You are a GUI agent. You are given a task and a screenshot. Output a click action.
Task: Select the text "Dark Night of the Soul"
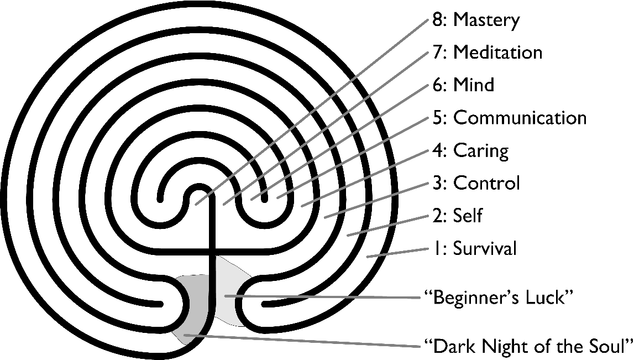[528, 347]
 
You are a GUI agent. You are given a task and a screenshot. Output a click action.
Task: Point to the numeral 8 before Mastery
[437, 20]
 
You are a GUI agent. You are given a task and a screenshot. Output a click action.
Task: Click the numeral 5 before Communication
[437, 118]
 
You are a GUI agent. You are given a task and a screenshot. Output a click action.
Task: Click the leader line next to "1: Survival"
[398, 252]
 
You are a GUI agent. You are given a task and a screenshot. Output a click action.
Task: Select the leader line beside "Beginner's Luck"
[326, 297]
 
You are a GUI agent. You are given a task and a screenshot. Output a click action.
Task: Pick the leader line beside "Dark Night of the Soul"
[304, 341]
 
